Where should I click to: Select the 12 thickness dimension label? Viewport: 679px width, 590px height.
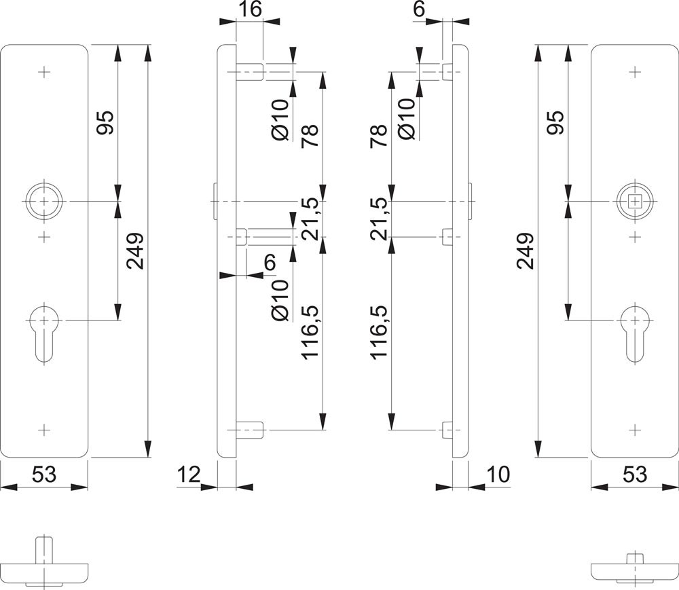pos(190,475)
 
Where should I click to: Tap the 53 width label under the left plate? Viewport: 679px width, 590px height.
pos(44,475)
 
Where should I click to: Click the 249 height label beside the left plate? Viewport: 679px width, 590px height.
pos(134,251)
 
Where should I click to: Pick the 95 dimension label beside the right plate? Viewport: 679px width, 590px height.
pos(555,123)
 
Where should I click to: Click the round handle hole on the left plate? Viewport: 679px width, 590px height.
pos(45,202)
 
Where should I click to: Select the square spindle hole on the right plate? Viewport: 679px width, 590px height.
pos(634,202)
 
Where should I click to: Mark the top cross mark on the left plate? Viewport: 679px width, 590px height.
pos(45,71)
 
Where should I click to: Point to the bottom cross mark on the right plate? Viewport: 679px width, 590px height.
pos(634,430)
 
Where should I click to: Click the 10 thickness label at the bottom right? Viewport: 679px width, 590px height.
pos(498,475)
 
